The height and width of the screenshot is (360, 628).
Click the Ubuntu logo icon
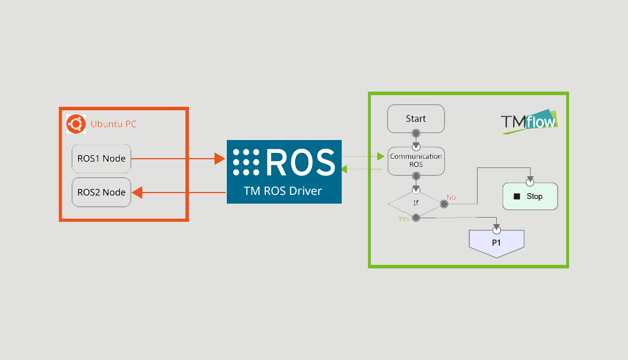point(76,124)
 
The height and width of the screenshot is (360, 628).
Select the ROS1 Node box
point(101,159)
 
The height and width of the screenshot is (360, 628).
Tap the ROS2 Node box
point(101,193)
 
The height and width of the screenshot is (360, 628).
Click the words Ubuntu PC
point(113,124)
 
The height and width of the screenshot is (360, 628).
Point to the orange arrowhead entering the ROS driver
point(220,159)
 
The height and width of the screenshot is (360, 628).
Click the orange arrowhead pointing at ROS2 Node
point(138,193)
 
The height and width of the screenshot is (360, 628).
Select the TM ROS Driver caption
point(283,191)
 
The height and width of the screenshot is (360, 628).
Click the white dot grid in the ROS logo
point(246,162)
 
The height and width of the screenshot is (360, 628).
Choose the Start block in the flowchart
point(416,118)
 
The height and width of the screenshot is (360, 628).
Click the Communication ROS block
point(416,161)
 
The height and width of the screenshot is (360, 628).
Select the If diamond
point(416,204)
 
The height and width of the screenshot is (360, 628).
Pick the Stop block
point(530,197)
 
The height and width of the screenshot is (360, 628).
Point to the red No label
point(451,197)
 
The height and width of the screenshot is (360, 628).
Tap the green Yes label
point(404,218)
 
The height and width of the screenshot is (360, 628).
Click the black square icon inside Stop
point(517,197)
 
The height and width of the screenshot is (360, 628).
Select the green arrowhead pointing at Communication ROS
point(381,156)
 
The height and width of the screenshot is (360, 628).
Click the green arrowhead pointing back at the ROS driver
point(344,169)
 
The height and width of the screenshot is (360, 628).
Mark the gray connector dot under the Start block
point(416,133)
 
